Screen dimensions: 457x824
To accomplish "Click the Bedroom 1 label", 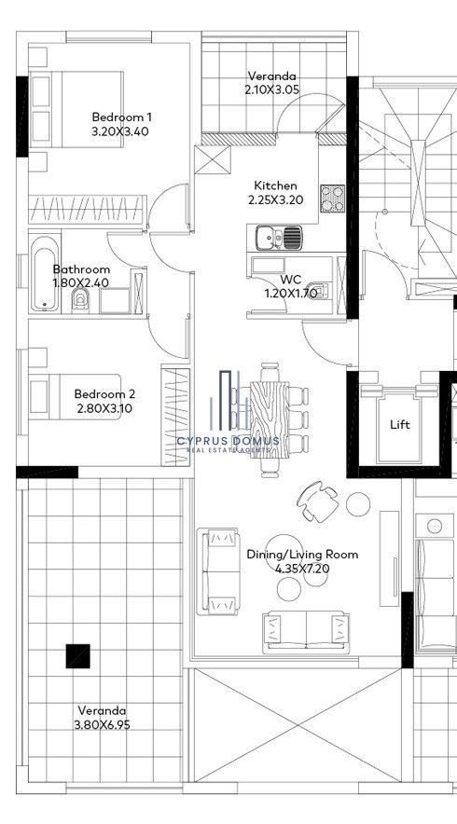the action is click(121, 117).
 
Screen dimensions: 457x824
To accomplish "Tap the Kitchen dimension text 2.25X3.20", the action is click(275, 200).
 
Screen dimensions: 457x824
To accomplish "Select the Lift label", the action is click(400, 425).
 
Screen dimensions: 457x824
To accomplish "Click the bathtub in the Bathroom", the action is click(45, 273).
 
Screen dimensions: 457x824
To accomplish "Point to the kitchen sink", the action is click(279, 238).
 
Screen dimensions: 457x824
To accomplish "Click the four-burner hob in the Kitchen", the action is click(332, 199).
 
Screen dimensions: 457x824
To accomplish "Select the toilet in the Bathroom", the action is click(80, 300).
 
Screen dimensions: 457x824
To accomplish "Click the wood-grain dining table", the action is click(269, 419).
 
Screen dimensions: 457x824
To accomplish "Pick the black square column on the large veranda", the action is click(77, 656).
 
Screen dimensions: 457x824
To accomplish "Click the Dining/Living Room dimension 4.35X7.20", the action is click(302, 568).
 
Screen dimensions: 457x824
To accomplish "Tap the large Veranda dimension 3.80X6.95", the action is click(102, 724).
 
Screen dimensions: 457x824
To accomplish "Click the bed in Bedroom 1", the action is click(76, 109).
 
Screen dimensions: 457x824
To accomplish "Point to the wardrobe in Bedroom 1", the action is click(88, 210).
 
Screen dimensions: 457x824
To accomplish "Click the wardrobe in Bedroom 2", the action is click(175, 417).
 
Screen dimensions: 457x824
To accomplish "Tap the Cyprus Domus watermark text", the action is click(228, 442).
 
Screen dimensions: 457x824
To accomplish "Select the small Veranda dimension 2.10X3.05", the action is click(272, 89).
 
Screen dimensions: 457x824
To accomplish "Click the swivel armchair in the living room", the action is click(318, 501).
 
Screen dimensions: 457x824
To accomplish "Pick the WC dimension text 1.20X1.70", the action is click(291, 294).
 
